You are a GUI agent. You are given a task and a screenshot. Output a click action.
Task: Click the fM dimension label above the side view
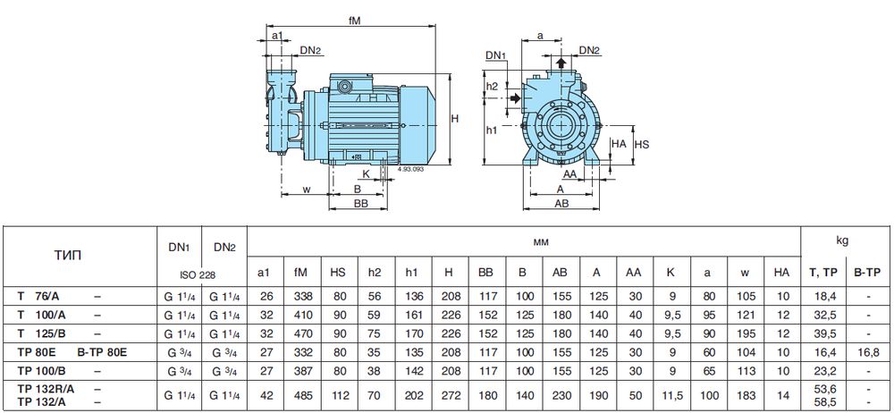click(355, 20)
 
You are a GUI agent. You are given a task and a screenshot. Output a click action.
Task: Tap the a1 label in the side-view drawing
click(277, 36)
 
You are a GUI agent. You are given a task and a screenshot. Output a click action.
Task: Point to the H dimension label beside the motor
click(455, 119)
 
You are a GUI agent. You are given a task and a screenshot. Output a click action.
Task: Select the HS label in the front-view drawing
click(642, 144)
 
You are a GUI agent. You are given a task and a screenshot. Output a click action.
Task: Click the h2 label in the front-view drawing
click(492, 86)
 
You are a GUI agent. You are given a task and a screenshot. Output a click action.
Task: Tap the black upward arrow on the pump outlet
click(561, 62)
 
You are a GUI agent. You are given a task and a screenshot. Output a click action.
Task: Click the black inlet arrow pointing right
click(515, 98)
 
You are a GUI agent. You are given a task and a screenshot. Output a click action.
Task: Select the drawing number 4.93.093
click(411, 169)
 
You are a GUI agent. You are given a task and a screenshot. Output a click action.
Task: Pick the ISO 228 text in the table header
click(198, 275)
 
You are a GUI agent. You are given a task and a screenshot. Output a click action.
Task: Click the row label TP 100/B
click(42, 370)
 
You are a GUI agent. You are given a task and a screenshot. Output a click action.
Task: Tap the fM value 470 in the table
click(300, 333)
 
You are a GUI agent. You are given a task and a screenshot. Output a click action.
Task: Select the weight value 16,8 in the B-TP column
click(868, 351)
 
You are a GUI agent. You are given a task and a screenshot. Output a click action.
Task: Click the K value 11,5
click(670, 395)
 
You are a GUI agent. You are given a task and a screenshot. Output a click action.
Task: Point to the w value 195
click(745, 333)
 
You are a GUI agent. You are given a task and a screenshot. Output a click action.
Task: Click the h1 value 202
click(411, 395)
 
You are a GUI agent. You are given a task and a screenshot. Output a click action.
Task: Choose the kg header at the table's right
click(842, 240)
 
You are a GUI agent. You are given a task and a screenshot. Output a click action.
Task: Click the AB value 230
click(560, 395)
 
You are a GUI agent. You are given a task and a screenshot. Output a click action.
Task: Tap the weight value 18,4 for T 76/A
click(823, 296)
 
